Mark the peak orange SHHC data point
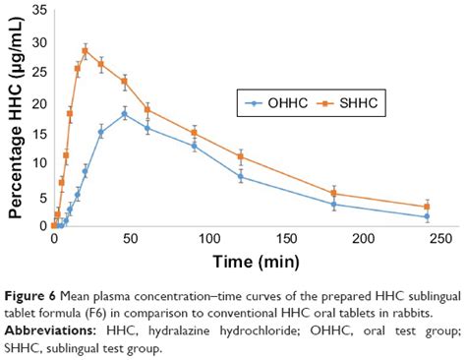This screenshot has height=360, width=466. coord(85,51)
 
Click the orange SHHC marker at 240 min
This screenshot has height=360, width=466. coord(427,207)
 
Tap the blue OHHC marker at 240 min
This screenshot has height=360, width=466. coord(427,216)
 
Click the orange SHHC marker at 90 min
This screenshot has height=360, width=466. coord(194,133)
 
